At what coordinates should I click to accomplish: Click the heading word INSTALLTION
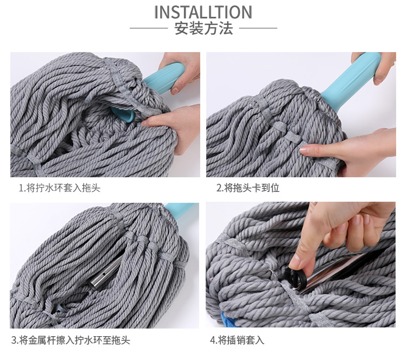[203, 12]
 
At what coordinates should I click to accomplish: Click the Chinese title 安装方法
[203, 28]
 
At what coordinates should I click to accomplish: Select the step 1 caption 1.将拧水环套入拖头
[60, 188]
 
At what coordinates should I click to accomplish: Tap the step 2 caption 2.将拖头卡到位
[248, 188]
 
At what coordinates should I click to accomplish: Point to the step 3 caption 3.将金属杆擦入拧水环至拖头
[71, 340]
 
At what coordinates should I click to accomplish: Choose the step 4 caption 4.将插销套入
[237, 340]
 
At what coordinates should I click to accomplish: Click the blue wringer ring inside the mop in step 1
[123, 113]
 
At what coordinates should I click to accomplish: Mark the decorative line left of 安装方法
[149, 28]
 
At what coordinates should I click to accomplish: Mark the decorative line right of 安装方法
[258, 28]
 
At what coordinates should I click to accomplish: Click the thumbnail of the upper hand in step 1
[175, 91]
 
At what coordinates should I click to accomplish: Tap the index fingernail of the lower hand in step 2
[304, 150]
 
